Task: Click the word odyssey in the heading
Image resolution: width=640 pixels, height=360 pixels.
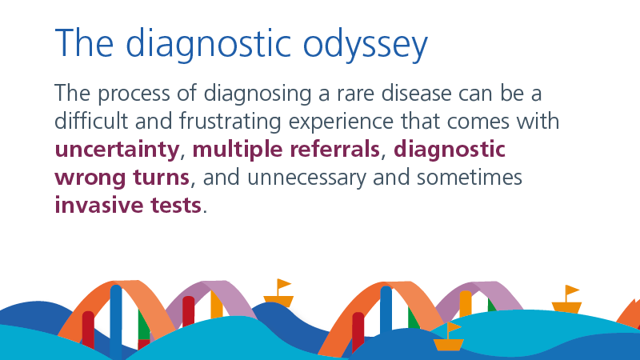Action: [365, 45]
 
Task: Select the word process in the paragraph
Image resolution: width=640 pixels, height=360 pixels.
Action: [134, 94]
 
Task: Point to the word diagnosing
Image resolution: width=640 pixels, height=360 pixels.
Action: [257, 94]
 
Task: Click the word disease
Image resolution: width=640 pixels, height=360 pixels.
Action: [416, 94]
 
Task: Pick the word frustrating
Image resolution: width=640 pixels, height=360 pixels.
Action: [230, 122]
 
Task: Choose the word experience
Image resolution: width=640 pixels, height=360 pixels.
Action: [341, 122]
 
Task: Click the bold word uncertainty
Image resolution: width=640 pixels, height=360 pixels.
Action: [117, 150]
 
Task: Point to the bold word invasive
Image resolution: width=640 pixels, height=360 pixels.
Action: [98, 205]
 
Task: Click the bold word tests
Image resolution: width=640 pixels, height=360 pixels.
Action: [176, 206]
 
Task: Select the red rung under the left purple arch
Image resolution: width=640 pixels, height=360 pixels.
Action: [188, 311]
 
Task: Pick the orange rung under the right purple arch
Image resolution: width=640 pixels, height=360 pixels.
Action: [466, 304]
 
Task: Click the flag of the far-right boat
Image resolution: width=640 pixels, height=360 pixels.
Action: [571, 290]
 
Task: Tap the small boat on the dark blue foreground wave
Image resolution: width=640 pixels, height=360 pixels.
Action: [449, 337]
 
